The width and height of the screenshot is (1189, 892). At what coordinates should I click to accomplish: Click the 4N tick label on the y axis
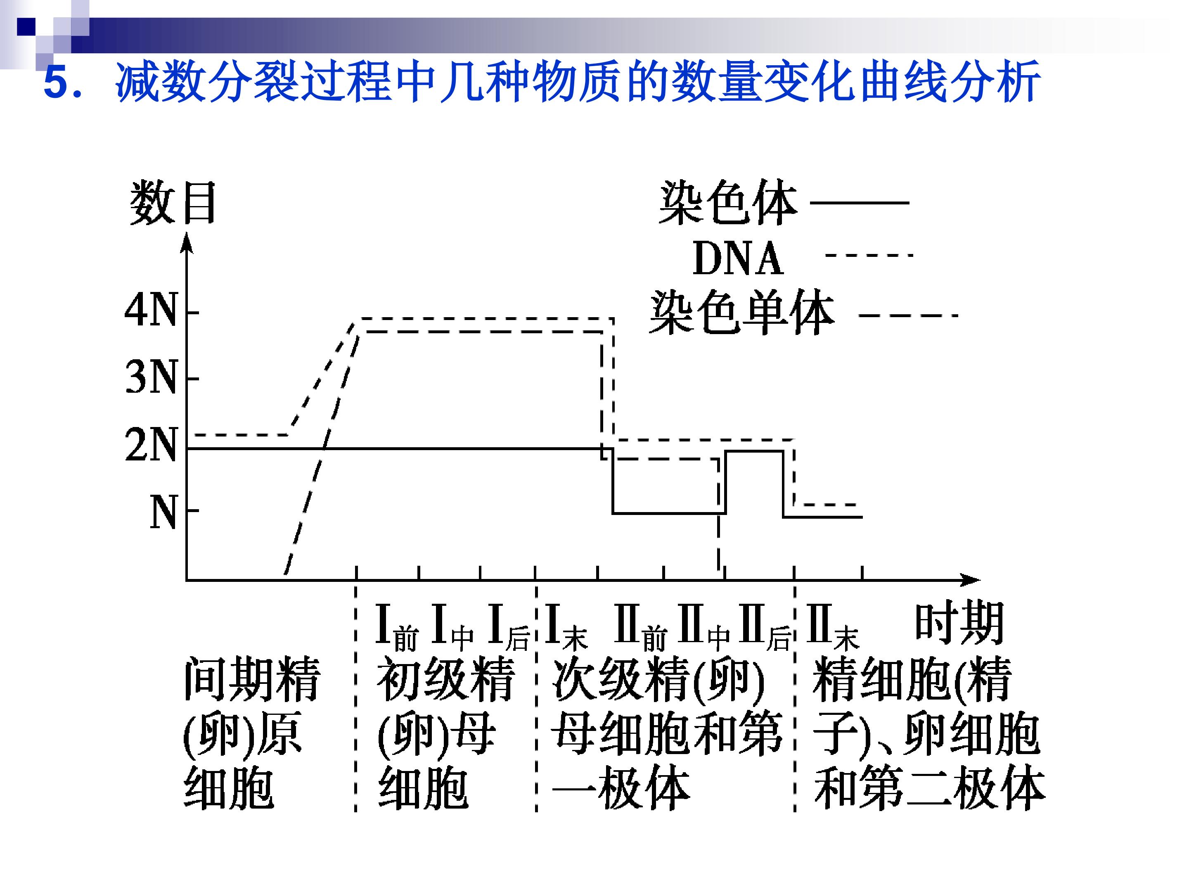pyautogui.click(x=151, y=311)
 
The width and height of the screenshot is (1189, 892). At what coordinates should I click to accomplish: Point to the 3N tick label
pyautogui.click(x=151, y=377)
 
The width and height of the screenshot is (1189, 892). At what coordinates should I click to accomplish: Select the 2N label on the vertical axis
pyautogui.click(x=151, y=445)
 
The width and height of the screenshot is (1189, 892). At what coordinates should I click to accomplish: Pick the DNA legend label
pyautogui.click(x=738, y=258)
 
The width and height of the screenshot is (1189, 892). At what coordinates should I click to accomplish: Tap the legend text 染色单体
pyautogui.click(x=742, y=313)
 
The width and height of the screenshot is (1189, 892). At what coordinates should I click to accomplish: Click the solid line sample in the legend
pyautogui.click(x=859, y=203)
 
